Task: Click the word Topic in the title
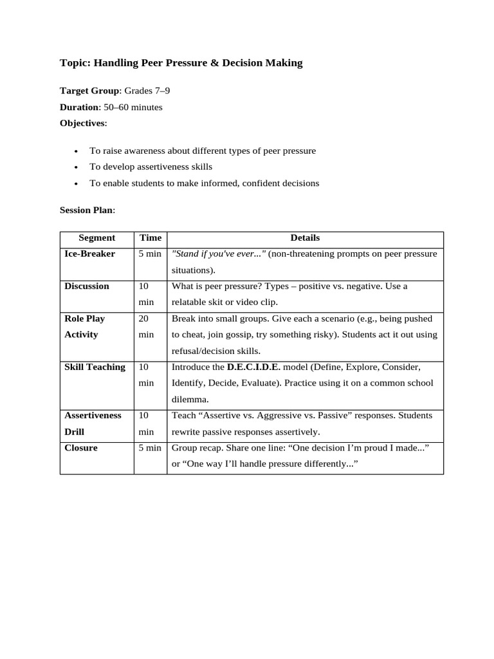[75, 63]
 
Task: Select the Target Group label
[89, 91]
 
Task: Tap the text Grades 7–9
[147, 91]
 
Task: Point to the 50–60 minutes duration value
[133, 107]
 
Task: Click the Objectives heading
[82, 123]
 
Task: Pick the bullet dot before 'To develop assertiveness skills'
[77, 167]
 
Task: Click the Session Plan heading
[87, 210]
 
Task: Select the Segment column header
[96, 238]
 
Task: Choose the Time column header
[151, 238]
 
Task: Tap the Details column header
[305, 238]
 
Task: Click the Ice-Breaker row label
[90, 254]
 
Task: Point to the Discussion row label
[87, 286]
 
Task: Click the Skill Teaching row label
[95, 367]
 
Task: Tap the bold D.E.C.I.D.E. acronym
[253, 367]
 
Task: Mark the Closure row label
[81, 448]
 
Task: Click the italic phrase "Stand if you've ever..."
[219, 254]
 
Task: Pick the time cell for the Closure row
[150, 448]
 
